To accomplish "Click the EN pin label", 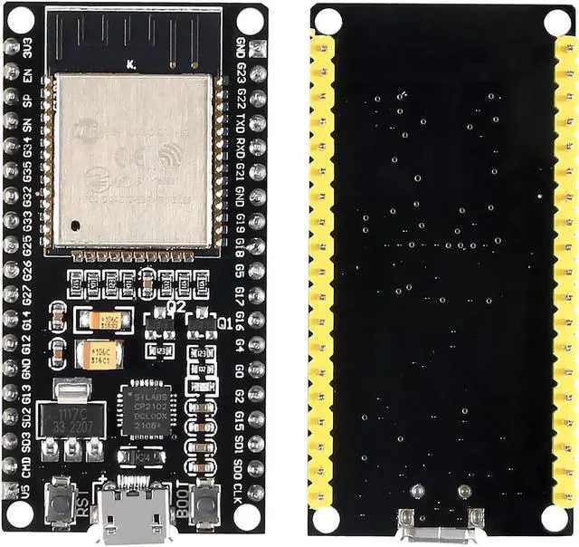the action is pos(28,74).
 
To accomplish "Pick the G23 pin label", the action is pos(240,73).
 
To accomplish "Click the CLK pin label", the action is pos(239,491).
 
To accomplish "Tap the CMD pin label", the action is pos(28,466).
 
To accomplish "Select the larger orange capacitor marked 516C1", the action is pos(97,355).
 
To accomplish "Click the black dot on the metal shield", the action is pos(79,222).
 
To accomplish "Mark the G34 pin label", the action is pos(29,147).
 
